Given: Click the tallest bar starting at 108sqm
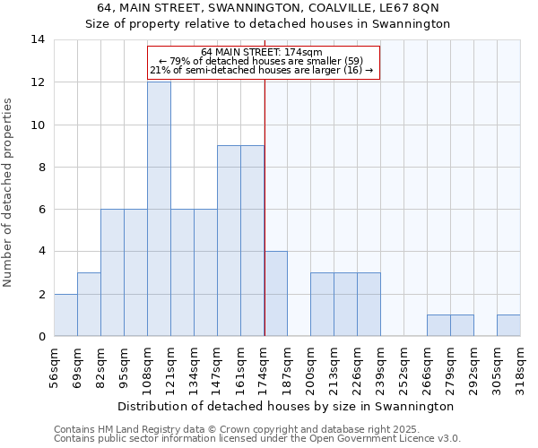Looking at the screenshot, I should point(159,209).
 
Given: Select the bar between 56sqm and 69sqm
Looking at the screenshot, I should point(65,314).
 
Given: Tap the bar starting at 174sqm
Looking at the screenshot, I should point(275,293).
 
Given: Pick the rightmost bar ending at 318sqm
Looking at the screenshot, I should point(508,325).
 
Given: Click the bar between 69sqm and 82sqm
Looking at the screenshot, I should point(89,304).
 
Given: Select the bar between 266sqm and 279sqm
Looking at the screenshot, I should point(438,325).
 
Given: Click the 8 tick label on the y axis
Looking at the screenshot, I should point(40,167).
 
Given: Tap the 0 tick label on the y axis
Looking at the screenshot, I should point(40,336).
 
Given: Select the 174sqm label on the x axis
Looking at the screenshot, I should point(264,365).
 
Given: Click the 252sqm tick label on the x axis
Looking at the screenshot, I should point(403,365).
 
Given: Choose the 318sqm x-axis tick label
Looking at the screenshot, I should point(520,365).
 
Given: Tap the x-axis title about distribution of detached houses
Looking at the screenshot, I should point(286,406).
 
